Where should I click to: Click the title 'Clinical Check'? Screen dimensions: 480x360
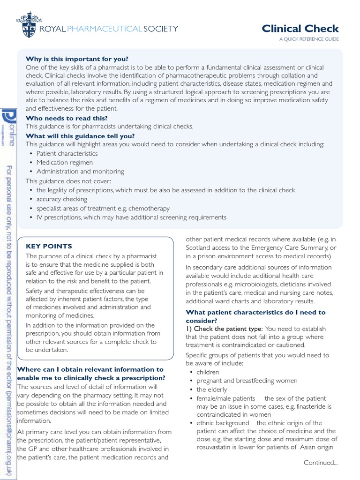pos(300,29)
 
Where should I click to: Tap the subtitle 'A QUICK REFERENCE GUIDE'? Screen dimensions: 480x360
pos(308,39)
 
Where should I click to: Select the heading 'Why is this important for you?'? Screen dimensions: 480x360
pos(77,59)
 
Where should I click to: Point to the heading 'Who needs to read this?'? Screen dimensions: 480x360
pos(67,118)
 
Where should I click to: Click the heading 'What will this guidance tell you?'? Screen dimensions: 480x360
pos(80,136)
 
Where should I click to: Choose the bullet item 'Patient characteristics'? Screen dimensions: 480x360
pos(67,154)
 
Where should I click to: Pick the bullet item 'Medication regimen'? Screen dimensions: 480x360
pos(65,163)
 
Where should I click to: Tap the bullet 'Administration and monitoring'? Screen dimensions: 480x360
pos(80,172)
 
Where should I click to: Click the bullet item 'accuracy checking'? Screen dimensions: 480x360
pos(62,199)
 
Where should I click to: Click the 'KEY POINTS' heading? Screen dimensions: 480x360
pos(49,246)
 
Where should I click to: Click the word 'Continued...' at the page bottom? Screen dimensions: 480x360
pos(321,463)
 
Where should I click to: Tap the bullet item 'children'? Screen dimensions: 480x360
pos(208,372)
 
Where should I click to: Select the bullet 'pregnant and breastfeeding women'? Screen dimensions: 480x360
pos(247,381)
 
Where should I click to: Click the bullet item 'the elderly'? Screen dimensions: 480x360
pos(211,390)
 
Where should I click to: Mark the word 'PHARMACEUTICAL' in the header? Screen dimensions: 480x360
pos(108,29)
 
